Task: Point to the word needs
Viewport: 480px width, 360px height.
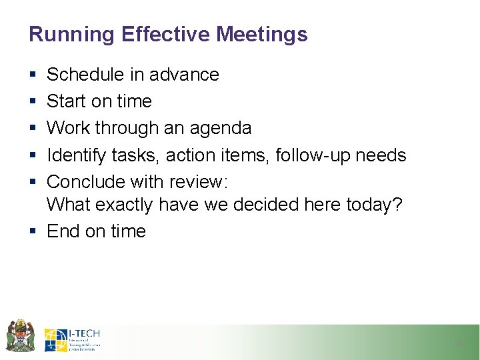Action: (380, 155)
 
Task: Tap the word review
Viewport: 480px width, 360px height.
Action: (199, 182)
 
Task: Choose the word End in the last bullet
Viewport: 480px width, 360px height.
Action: (63, 231)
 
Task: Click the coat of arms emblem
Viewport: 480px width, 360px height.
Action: (21, 335)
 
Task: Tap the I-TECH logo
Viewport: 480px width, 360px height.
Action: (73, 339)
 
